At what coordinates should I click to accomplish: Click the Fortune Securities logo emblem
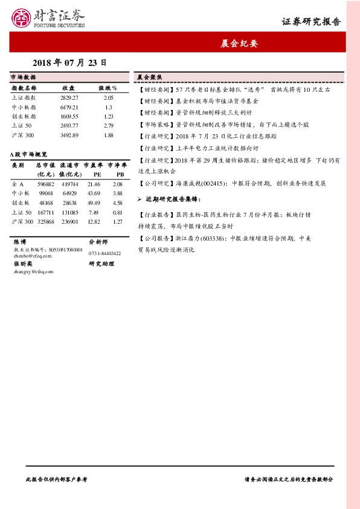click(21, 18)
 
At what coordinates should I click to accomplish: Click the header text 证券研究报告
click(311, 22)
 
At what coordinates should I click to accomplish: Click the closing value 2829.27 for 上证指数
click(69, 97)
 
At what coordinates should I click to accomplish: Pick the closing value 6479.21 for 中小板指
click(69, 107)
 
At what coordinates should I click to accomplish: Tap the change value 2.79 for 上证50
click(109, 125)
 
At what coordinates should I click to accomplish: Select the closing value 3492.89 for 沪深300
click(69, 135)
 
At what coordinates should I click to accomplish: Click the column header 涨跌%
click(108, 88)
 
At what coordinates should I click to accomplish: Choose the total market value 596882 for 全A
click(46, 184)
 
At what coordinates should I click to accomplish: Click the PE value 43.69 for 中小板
click(94, 193)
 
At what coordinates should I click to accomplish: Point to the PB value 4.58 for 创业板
click(118, 203)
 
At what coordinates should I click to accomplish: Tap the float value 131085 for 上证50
click(70, 212)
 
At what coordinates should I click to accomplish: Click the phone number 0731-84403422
click(104, 253)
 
